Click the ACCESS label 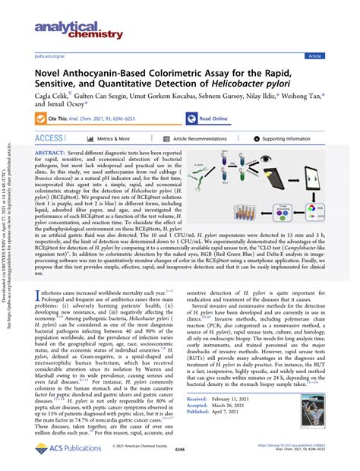[x=49, y=139]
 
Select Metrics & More [x=114, y=139]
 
